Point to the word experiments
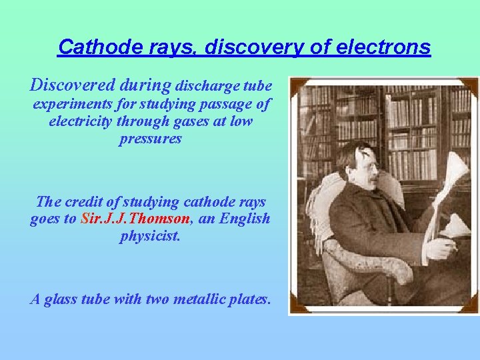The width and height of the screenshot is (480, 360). (74, 104)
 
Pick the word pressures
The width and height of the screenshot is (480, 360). (150, 139)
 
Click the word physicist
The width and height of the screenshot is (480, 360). (150, 236)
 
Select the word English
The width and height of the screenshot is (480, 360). (243, 219)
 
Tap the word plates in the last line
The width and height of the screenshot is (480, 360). (251, 299)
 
